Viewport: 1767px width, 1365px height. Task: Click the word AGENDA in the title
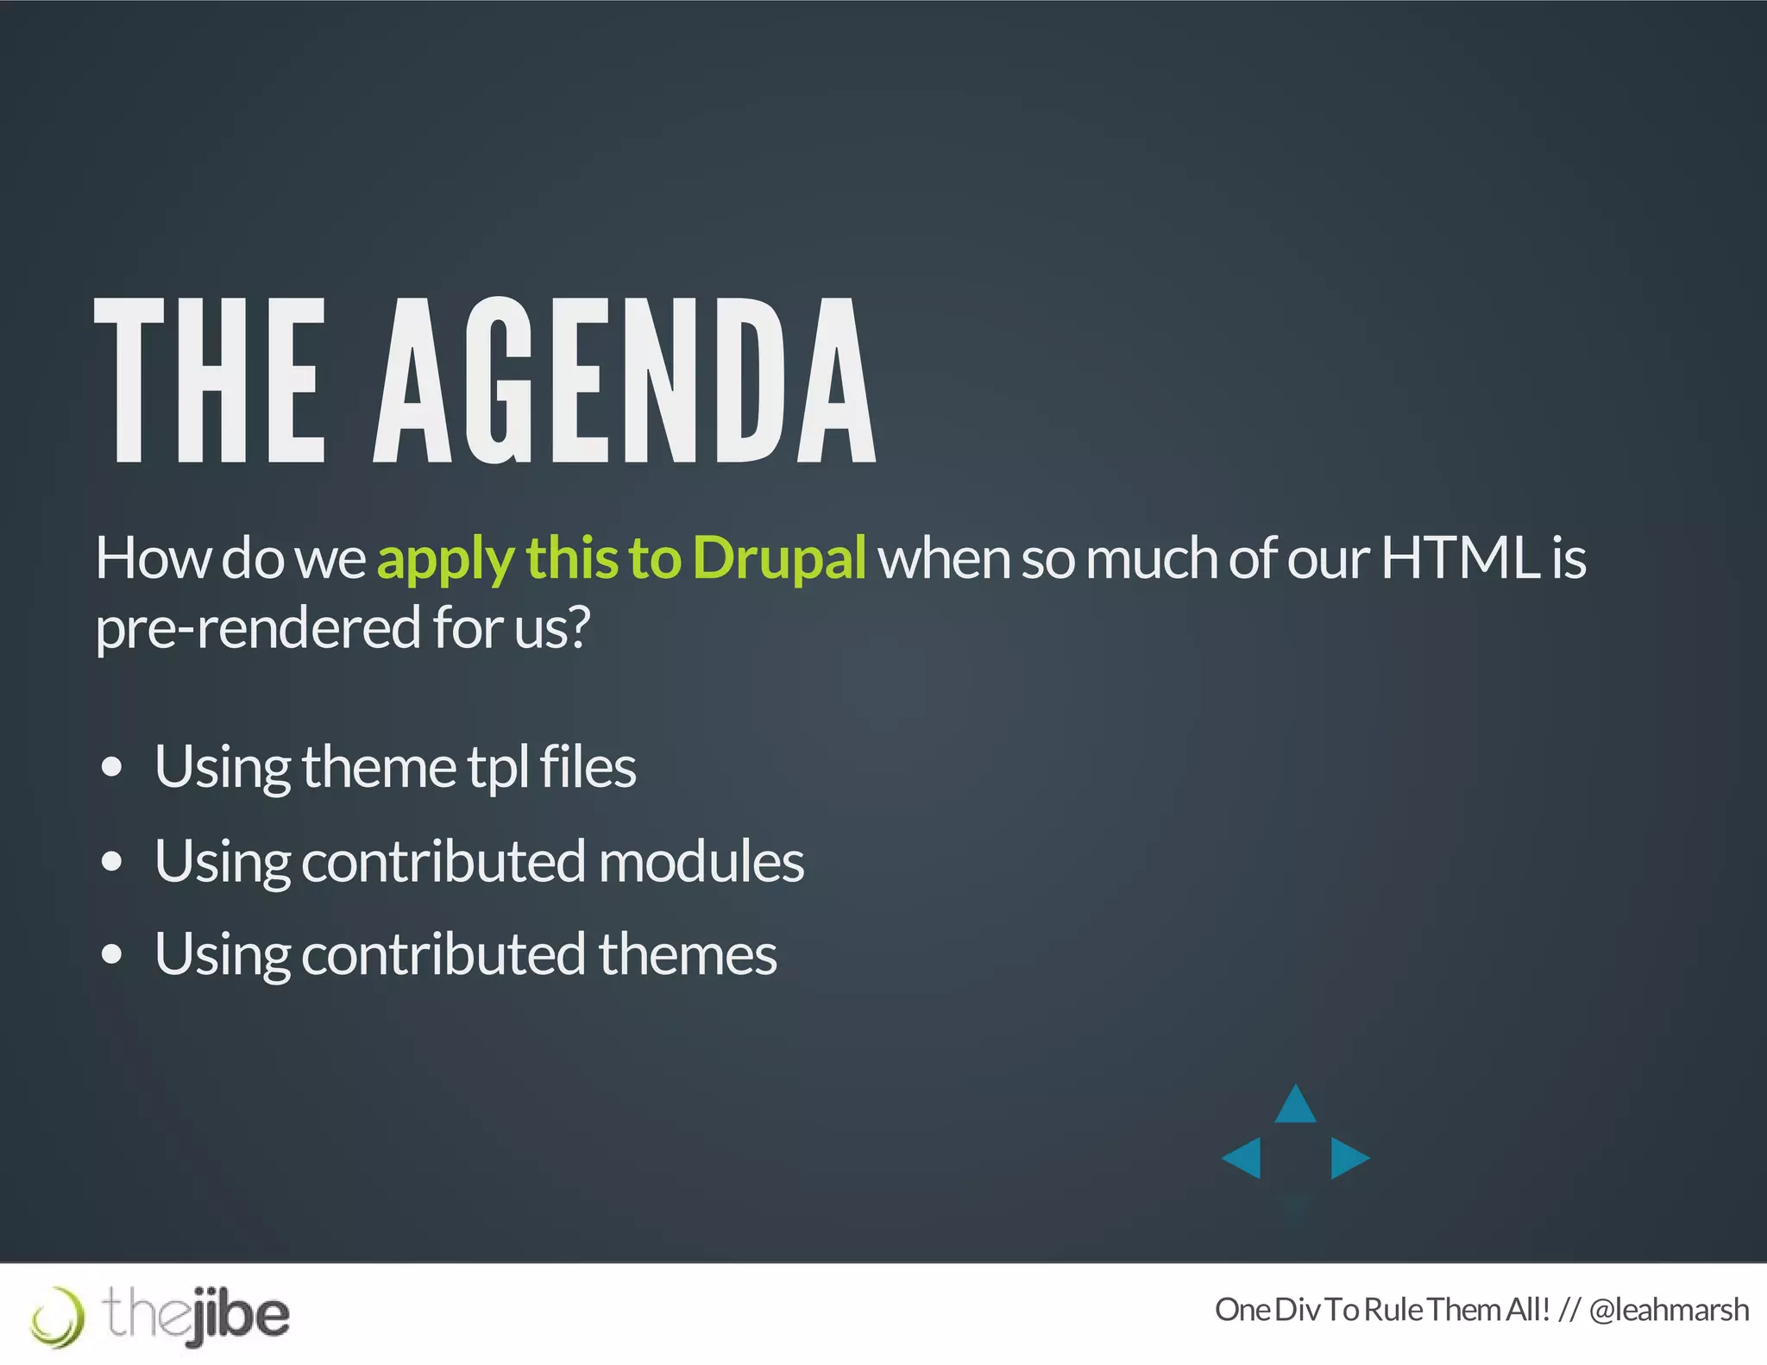pos(625,381)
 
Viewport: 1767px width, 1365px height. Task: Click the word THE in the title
pos(210,381)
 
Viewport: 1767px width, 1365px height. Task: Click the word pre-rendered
pos(258,628)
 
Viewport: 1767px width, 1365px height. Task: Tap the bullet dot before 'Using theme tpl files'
pos(111,767)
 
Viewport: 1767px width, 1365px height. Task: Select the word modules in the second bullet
pos(701,861)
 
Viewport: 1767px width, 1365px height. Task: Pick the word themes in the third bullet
pos(687,954)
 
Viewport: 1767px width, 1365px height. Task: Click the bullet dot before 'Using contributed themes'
pos(111,954)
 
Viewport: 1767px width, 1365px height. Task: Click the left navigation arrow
pos(1243,1157)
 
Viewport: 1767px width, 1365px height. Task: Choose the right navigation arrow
pos(1348,1157)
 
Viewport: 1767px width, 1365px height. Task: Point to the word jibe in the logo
pos(240,1316)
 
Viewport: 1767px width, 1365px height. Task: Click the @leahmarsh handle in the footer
pos(1668,1310)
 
